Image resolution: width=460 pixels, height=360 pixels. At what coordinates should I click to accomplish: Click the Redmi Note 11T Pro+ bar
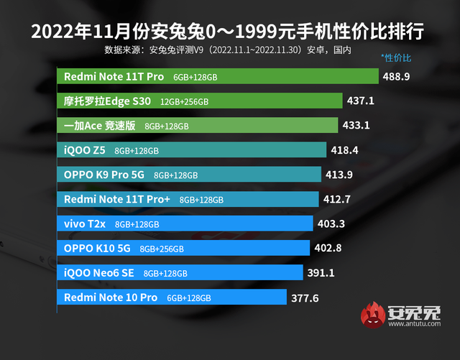(188, 199)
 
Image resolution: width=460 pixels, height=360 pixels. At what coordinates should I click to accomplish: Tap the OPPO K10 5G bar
(184, 249)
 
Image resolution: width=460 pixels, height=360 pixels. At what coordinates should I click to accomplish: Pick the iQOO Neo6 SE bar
(180, 273)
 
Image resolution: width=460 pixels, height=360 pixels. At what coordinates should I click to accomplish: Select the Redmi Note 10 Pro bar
(172, 297)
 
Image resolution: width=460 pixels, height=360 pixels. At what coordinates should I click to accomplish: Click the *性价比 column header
(397, 56)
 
